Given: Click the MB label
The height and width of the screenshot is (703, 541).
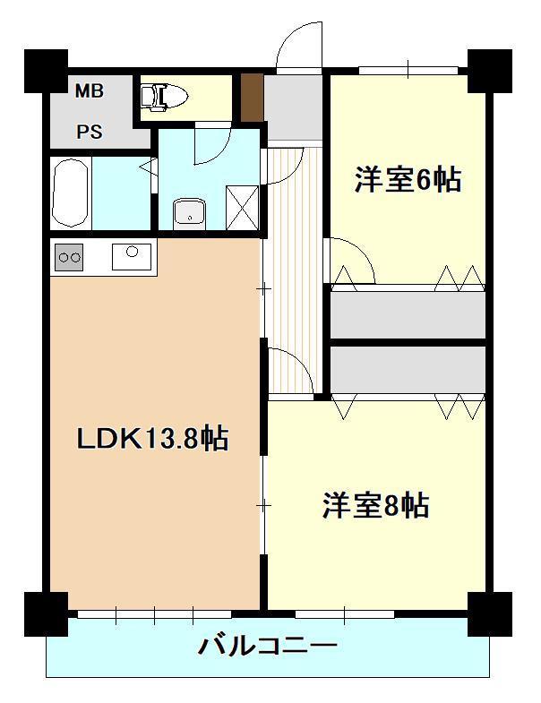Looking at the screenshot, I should pos(89,90).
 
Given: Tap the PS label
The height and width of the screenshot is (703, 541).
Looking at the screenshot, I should pos(89,133).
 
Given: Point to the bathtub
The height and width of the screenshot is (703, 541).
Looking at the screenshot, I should pos(69,193).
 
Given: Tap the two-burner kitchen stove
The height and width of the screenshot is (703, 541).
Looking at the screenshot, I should pos(69,257).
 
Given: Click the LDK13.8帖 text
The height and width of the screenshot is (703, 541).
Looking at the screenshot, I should pos(151,438).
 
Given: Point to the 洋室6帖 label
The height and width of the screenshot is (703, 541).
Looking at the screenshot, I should pos(408,180).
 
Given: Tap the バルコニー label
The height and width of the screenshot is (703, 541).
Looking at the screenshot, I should pos(268,645).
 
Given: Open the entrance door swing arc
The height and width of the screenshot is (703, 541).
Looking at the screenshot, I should pos(299,47).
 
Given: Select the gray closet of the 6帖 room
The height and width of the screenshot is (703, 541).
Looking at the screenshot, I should pos(408,314).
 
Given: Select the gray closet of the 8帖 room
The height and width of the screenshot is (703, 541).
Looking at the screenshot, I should pos(408,368).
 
